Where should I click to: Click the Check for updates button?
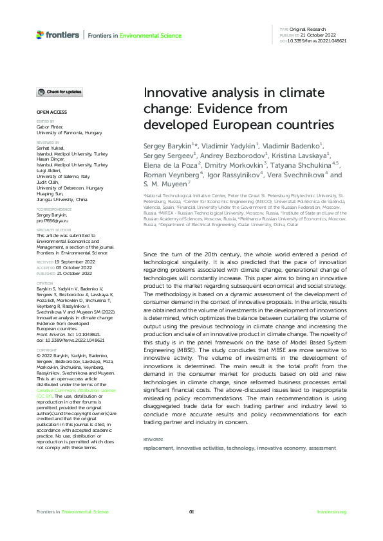point(59,92)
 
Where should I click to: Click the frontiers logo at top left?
point(58,35)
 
